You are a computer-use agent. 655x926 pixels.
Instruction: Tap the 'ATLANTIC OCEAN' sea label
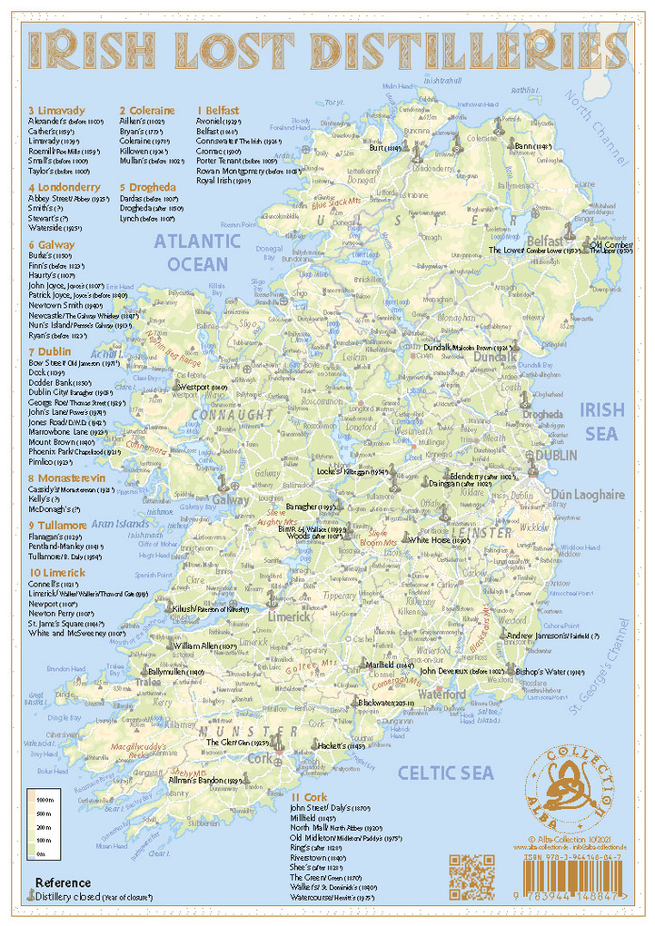(197, 252)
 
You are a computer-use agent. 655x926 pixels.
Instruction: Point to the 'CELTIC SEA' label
(445, 773)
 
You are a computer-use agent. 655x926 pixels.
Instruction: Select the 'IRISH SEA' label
(601, 422)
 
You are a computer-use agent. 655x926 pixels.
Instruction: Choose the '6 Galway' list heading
(52, 245)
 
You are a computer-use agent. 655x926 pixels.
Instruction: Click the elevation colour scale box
(41, 825)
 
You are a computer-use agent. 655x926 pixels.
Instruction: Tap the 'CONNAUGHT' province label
(232, 415)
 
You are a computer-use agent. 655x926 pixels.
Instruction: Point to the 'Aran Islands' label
(119, 525)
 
